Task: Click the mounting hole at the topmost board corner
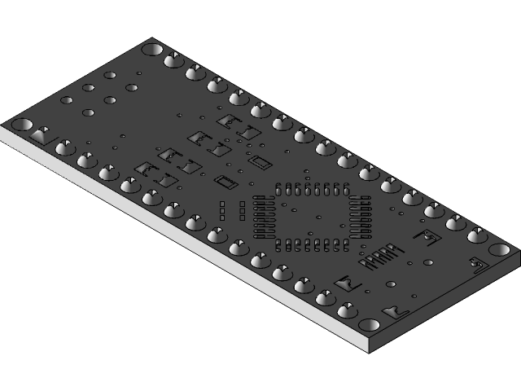click(x=151, y=49)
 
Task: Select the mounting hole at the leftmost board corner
click(x=21, y=125)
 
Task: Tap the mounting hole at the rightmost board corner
click(x=499, y=249)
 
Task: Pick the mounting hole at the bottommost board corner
click(x=370, y=325)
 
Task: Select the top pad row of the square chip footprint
click(x=313, y=190)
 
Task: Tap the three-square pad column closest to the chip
click(x=243, y=211)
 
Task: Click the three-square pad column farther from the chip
click(x=222, y=211)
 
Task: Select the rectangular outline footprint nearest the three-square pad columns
click(x=225, y=181)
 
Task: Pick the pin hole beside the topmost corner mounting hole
click(x=173, y=60)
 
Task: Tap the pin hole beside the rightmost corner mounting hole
click(x=477, y=236)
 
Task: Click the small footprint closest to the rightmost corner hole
click(x=478, y=262)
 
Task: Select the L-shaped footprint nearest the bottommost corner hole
click(x=397, y=310)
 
